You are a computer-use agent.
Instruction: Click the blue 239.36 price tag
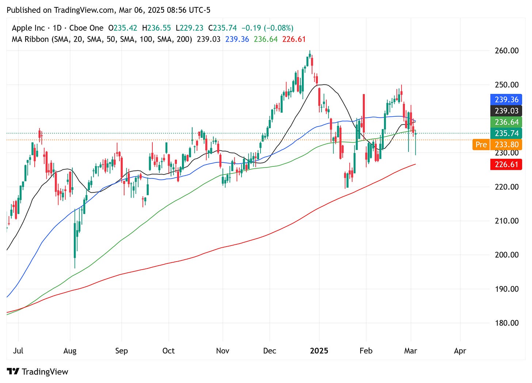[506, 99]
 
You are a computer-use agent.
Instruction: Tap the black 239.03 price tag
[506, 111]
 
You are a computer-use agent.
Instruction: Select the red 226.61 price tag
[506, 165]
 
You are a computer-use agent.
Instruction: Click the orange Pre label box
[481, 144]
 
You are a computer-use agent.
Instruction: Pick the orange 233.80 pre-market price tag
[506, 144]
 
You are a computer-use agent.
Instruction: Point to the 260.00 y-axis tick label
[506, 50]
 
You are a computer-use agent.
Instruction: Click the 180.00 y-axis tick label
[506, 323]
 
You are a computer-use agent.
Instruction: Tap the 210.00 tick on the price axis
[506, 221]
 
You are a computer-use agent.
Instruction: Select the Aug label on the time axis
[70, 351]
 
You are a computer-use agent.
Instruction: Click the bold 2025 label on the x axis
[319, 351]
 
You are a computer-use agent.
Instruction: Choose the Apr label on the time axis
[460, 351]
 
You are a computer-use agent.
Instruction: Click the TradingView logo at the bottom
[38, 372]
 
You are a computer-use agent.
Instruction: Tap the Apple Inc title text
[28, 28]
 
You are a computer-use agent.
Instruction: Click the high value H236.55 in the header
[156, 28]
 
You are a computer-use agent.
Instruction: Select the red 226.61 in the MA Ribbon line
[294, 39]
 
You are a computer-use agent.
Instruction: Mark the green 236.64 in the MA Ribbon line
[266, 39]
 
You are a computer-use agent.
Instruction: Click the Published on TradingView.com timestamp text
[109, 10]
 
